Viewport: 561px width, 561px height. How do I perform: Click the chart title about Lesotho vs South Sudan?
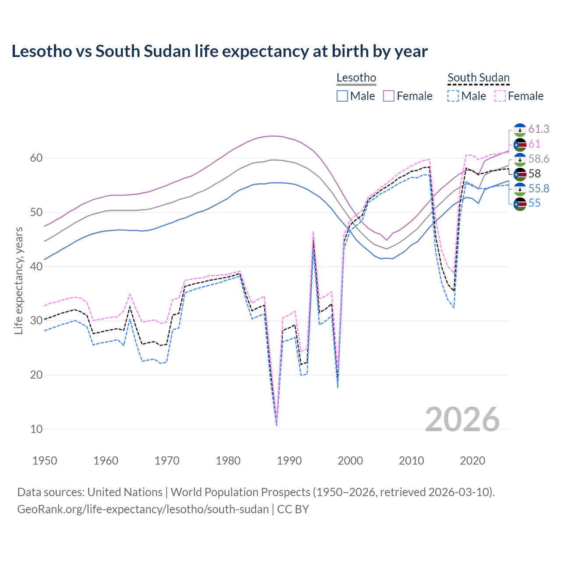pos(220,51)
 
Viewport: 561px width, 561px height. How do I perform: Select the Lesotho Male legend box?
pos(342,96)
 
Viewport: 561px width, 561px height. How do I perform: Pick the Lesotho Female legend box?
pos(389,96)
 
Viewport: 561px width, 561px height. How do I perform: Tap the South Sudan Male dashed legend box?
pos(453,96)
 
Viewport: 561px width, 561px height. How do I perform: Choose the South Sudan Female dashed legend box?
pos(500,96)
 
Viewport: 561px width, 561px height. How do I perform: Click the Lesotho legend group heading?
pos(356,78)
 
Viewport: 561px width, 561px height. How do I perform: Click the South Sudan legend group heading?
pos(478,78)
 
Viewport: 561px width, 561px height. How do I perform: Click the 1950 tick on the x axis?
pos(45,461)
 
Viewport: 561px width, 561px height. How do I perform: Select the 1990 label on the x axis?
pos(289,461)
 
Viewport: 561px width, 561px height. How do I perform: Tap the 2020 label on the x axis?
pos(472,461)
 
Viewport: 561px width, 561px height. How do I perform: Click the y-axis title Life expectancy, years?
pos(19,280)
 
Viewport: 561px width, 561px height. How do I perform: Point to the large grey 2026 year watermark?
pos(462,419)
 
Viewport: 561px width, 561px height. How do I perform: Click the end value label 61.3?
pos(539,129)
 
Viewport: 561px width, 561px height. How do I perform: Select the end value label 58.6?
pos(539,159)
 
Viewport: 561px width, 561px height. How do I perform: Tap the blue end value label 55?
pos(534,203)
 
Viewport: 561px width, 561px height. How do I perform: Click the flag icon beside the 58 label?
pos(520,174)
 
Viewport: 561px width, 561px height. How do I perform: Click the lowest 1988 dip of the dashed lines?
pos(277,423)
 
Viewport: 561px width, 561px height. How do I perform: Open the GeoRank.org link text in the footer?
pos(143,509)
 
